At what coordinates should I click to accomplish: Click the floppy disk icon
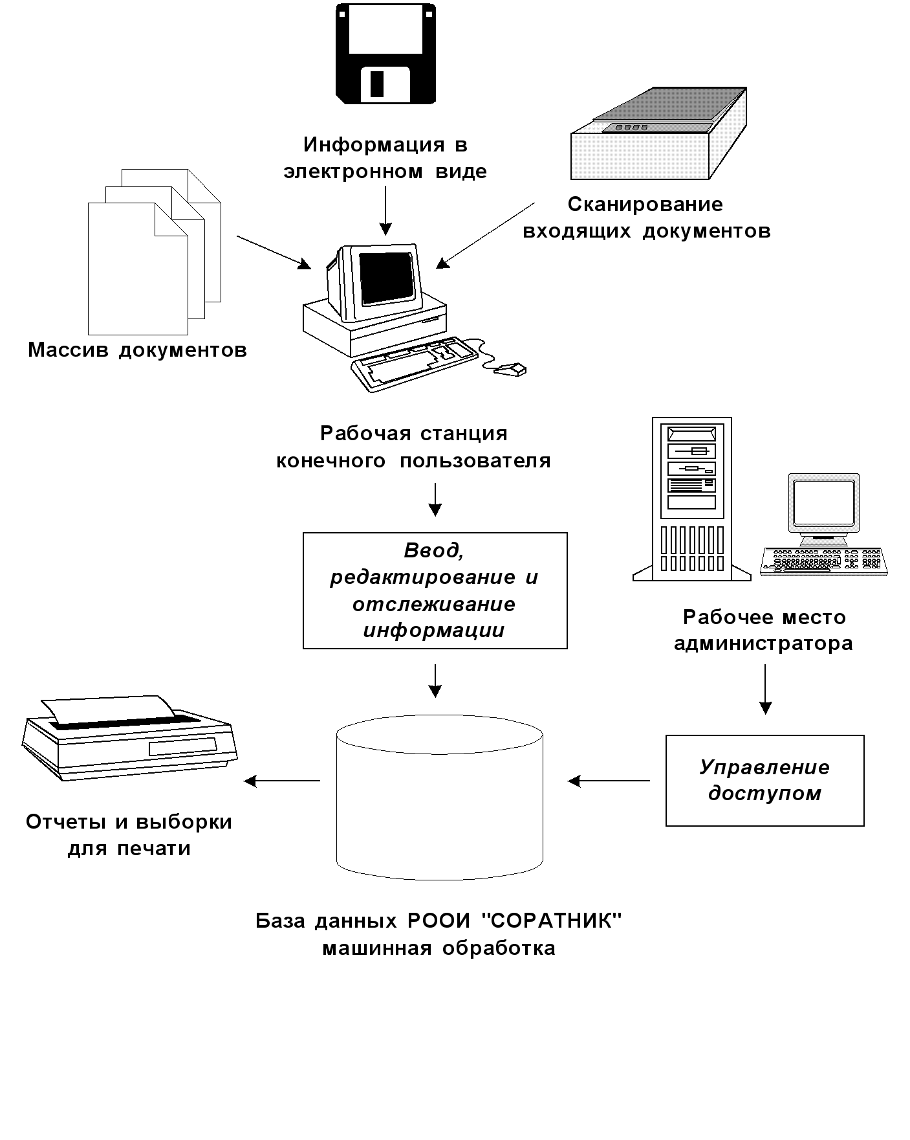385,53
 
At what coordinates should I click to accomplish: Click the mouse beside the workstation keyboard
512,370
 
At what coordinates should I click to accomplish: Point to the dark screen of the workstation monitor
387,278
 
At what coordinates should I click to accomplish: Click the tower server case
692,498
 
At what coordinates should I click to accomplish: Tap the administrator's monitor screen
823,502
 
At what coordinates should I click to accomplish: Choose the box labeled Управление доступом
764,780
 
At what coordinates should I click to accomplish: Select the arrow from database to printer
282,781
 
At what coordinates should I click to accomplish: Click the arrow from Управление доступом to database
609,781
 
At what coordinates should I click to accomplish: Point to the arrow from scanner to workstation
485,235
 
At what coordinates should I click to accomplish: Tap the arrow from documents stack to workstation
274,252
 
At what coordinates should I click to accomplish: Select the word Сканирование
645,205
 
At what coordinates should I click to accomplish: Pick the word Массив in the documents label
69,350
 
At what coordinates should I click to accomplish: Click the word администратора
763,644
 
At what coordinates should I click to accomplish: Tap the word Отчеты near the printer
66,822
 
